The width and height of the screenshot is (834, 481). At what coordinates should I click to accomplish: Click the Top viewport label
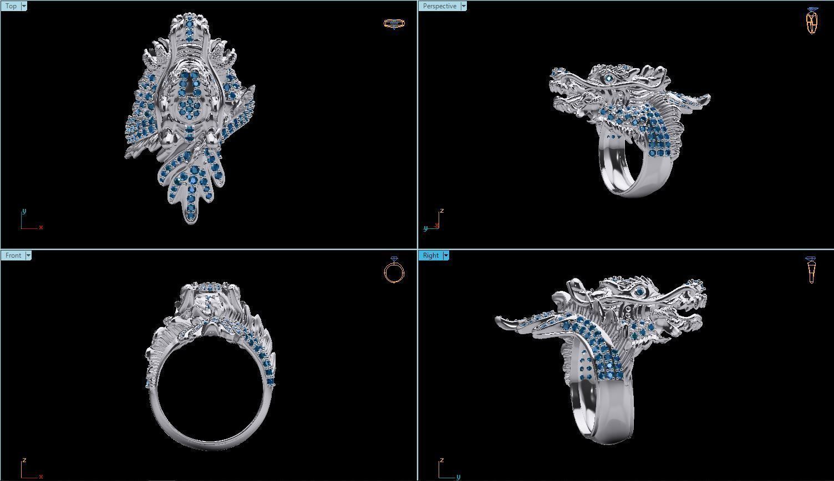click(11, 6)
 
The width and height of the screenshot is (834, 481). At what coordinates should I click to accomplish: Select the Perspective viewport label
click(439, 6)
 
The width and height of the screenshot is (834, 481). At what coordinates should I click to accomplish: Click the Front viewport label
click(13, 255)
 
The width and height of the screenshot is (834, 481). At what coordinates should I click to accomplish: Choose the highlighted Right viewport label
click(430, 255)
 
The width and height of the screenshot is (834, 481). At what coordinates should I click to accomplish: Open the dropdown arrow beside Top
click(24, 6)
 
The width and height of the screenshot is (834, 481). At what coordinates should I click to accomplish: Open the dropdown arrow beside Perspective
click(463, 6)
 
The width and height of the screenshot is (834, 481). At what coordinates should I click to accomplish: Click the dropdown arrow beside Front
click(28, 255)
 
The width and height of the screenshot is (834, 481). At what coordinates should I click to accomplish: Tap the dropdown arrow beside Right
click(445, 255)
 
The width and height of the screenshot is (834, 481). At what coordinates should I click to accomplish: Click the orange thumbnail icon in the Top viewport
click(394, 23)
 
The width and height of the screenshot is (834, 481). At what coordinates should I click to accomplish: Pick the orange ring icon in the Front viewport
click(394, 271)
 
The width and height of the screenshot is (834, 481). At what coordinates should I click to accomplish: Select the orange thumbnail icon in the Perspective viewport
click(812, 21)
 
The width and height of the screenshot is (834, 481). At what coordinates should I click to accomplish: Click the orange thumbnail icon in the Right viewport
click(811, 270)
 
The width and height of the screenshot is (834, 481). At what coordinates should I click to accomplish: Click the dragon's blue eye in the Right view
click(640, 292)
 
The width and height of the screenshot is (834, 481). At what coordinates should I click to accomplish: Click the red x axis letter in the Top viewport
click(41, 227)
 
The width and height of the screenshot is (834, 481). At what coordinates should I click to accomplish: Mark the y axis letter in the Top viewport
click(24, 211)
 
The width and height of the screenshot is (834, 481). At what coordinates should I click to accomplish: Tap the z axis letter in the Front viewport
click(24, 460)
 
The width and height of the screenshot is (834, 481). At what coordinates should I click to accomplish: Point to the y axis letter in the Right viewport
click(459, 477)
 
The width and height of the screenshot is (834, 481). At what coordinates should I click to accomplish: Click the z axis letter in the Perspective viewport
click(441, 211)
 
